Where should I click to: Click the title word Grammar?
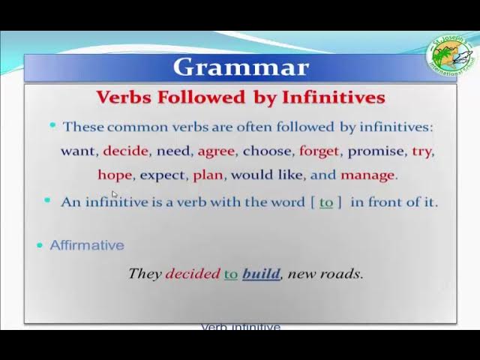(x=240, y=67)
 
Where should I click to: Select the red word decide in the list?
(x=125, y=151)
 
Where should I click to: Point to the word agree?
(x=216, y=151)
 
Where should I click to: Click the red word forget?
(x=319, y=151)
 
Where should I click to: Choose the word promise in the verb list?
(x=376, y=151)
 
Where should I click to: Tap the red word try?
(x=421, y=151)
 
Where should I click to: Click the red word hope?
(x=115, y=175)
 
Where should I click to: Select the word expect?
(x=162, y=175)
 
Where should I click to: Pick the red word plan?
(x=208, y=175)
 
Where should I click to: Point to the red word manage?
(x=367, y=175)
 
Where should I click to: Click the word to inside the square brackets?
(x=326, y=202)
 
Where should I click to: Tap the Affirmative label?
(x=87, y=245)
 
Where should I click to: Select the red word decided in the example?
(x=193, y=274)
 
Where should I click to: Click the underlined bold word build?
(x=261, y=274)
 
